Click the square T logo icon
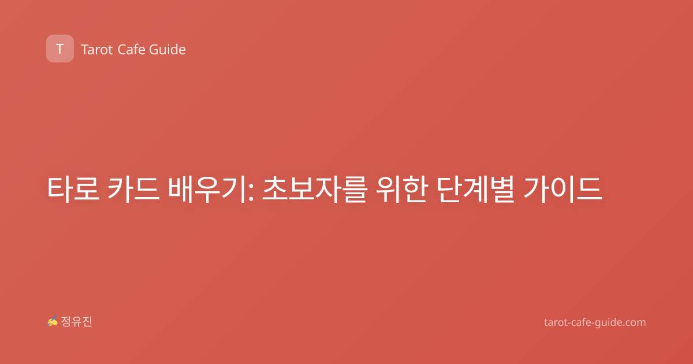click(60, 49)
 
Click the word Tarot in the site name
click(97, 50)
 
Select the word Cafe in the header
click(131, 50)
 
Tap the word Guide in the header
click(167, 50)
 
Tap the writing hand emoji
click(53, 321)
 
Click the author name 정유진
click(76, 322)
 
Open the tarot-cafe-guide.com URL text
click(595, 322)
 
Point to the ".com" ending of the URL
click(634, 322)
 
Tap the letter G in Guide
click(154, 50)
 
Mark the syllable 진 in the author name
click(87, 322)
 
